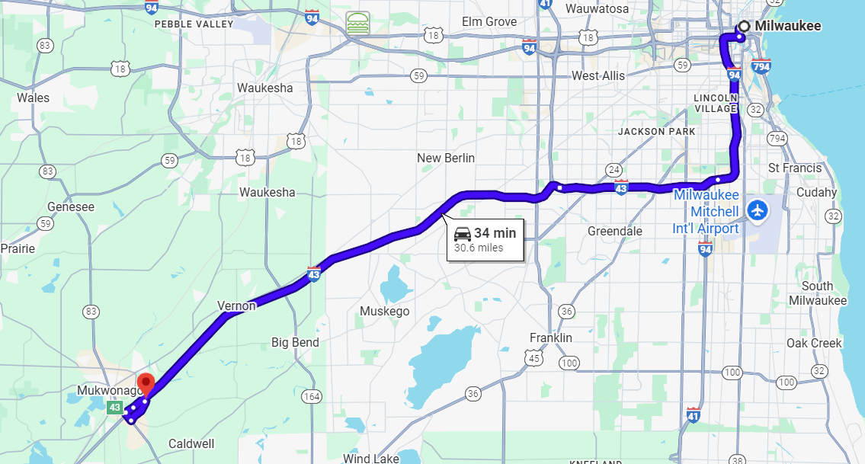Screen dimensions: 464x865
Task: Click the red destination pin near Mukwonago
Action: coord(145,382)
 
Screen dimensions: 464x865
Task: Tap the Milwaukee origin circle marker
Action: coord(743,27)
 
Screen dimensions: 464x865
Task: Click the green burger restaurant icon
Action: coord(357,23)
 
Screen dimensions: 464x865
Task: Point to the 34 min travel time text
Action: coord(495,233)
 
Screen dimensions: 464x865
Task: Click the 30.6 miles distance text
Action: coord(479,248)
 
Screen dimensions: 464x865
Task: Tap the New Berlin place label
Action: coord(446,158)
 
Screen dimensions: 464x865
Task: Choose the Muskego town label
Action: coord(384,311)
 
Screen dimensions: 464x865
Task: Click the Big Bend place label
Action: coord(295,343)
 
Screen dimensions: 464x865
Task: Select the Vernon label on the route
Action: coord(236,306)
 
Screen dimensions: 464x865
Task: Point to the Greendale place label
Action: coord(615,231)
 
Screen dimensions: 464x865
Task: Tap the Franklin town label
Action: coord(550,338)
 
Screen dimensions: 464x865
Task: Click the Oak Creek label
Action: coord(814,343)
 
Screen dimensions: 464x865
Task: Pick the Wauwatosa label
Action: coord(597,9)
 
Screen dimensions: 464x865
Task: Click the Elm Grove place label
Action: coord(489,22)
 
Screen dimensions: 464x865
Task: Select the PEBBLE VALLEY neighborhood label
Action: coord(194,24)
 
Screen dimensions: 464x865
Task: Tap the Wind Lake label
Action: coord(370,459)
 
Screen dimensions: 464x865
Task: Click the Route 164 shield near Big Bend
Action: coord(311,396)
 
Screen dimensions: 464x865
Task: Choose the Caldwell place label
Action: coord(191,443)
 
